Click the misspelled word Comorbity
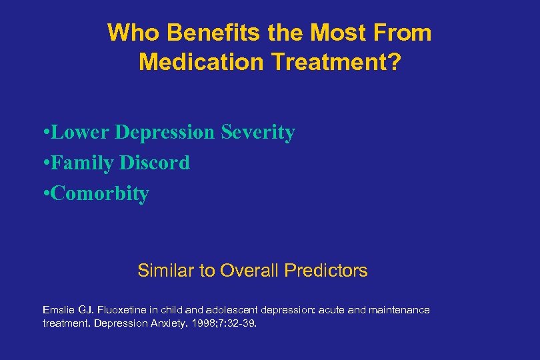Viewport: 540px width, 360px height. click(x=99, y=194)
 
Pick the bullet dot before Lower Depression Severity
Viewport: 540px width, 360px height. click(x=43, y=133)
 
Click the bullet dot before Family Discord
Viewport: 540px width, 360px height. click(x=43, y=163)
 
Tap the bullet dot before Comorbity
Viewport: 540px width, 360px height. click(x=43, y=194)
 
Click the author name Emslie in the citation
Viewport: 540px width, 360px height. click(x=55, y=310)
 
